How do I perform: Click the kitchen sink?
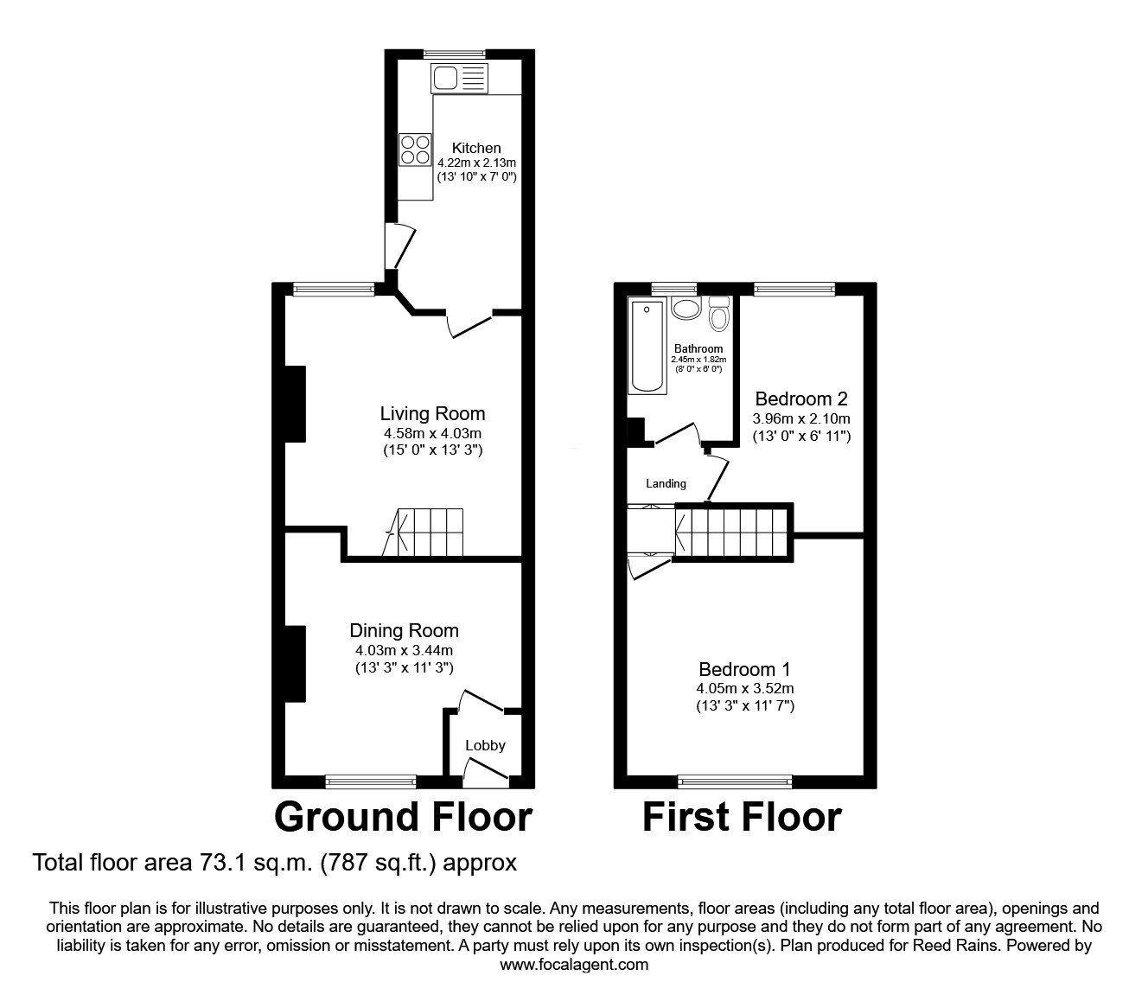coord(458,79)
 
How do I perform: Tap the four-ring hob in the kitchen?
coord(415,150)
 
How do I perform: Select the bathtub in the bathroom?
coord(647,346)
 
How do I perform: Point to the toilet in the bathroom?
coord(718,315)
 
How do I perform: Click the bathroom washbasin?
coord(686,309)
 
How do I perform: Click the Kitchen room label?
coord(476,148)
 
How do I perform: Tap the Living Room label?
coord(432,413)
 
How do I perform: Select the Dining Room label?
coord(404,630)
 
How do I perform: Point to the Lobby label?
coord(485,745)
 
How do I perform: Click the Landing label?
coord(666,483)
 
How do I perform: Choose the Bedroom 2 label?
coord(801,399)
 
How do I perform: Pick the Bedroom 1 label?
coord(744,669)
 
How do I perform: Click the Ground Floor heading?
coord(403,816)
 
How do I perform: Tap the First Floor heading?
coord(742,816)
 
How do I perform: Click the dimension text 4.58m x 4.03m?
coord(432,432)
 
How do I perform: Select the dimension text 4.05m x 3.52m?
coord(744,688)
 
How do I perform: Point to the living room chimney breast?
coord(296,405)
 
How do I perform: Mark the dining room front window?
coord(371,781)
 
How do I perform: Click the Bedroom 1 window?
coord(735,782)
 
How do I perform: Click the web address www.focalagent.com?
coord(574,965)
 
